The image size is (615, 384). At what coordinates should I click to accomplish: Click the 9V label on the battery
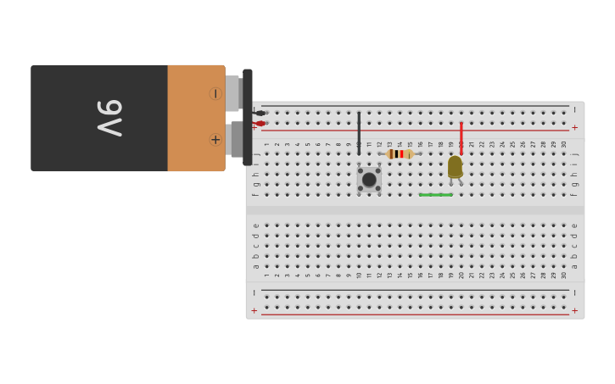coord(109,117)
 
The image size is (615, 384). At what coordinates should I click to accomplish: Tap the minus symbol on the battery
coord(215,93)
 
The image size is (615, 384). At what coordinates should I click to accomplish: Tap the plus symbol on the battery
coord(215,140)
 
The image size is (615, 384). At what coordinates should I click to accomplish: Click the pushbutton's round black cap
coord(369,179)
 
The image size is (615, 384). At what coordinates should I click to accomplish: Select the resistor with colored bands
coord(400,154)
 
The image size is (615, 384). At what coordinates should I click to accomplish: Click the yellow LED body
coord(456,166)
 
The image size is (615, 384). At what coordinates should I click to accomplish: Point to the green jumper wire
coord(436,195)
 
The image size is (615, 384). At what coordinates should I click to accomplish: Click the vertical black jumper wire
coord(359,131)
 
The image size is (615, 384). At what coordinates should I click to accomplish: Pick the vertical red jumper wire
coord(461,136)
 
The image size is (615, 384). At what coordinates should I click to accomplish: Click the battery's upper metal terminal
coord(232,93)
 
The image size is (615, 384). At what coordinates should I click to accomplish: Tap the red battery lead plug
coord(260,124)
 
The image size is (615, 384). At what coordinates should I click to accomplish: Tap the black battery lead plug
coord(260,113)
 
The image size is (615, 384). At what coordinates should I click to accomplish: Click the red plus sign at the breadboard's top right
coord(574,127)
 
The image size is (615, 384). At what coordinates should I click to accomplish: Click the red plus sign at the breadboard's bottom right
coord(574,310)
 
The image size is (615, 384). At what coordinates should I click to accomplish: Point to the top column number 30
coord(564,144)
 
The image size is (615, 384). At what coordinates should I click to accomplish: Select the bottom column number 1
coord(266,275)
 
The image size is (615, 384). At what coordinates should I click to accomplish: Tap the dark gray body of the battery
coord(68,117)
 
